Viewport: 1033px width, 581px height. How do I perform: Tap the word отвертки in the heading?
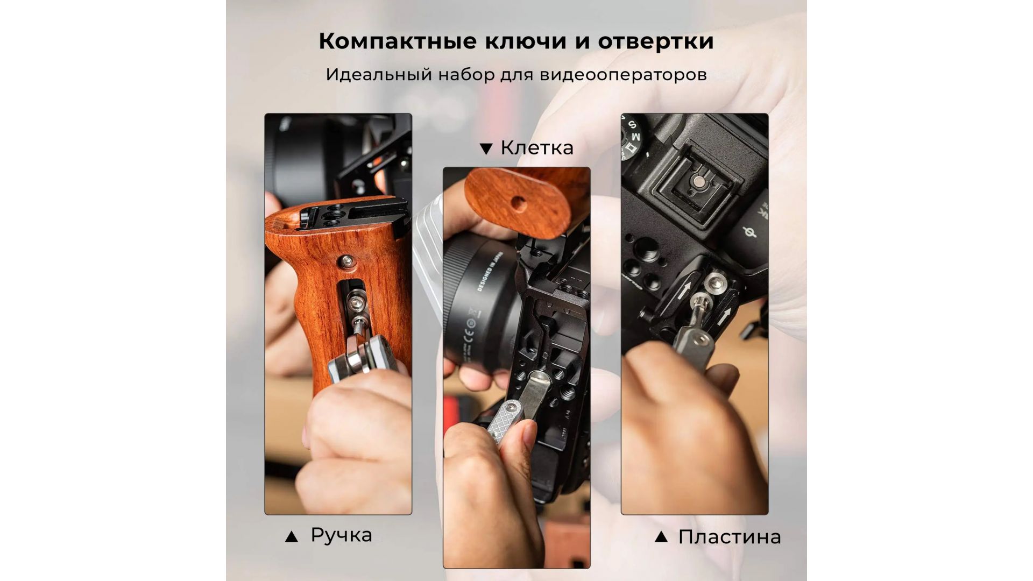(656, 42)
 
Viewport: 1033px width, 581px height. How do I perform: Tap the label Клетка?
(537, 147)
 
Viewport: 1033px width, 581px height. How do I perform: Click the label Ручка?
(341, 535)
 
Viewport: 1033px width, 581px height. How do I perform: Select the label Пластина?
(730, 536)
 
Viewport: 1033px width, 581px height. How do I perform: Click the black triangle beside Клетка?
(486, 149)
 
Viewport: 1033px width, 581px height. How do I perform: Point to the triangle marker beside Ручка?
(291, 536)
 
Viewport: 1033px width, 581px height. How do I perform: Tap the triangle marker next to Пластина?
(661, 536)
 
